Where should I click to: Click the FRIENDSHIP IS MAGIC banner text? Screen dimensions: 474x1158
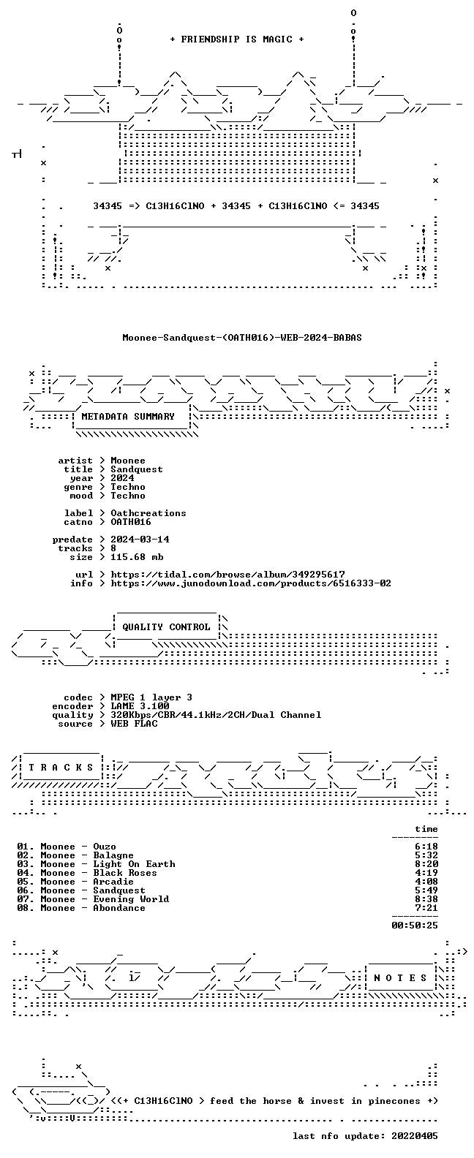pos(237,39)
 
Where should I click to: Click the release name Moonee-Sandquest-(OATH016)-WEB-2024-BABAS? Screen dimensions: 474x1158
pos(242,338)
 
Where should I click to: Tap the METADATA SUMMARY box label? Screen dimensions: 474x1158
pos(128,416)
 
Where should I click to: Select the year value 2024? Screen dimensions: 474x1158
pos(122,478)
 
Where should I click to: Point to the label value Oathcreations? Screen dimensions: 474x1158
pos(148,513)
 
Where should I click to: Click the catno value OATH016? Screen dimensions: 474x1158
pos(131,522)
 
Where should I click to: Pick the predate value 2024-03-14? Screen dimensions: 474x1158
pos(140,540)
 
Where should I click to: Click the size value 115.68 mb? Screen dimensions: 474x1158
pos(137,557)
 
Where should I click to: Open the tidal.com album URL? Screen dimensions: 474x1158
pos(227,575)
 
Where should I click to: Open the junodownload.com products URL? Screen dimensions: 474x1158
pos(251,583)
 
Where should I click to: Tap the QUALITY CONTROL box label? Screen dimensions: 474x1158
pos(166,627)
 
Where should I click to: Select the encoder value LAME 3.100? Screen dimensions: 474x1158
pos(140,706)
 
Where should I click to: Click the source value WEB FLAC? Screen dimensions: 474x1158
pos(134,724)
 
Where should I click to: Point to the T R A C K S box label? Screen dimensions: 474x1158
pos(61,767)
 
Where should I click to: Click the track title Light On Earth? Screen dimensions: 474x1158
pos(134,864)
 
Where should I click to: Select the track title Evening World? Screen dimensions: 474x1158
pos(131,899)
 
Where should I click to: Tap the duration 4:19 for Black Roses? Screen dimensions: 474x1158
pos(426,873)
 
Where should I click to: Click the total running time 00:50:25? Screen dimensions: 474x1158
pos(415,926)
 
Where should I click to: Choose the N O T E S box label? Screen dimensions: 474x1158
pos(400,977)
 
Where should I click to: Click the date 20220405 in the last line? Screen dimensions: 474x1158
pos(415,1136)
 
